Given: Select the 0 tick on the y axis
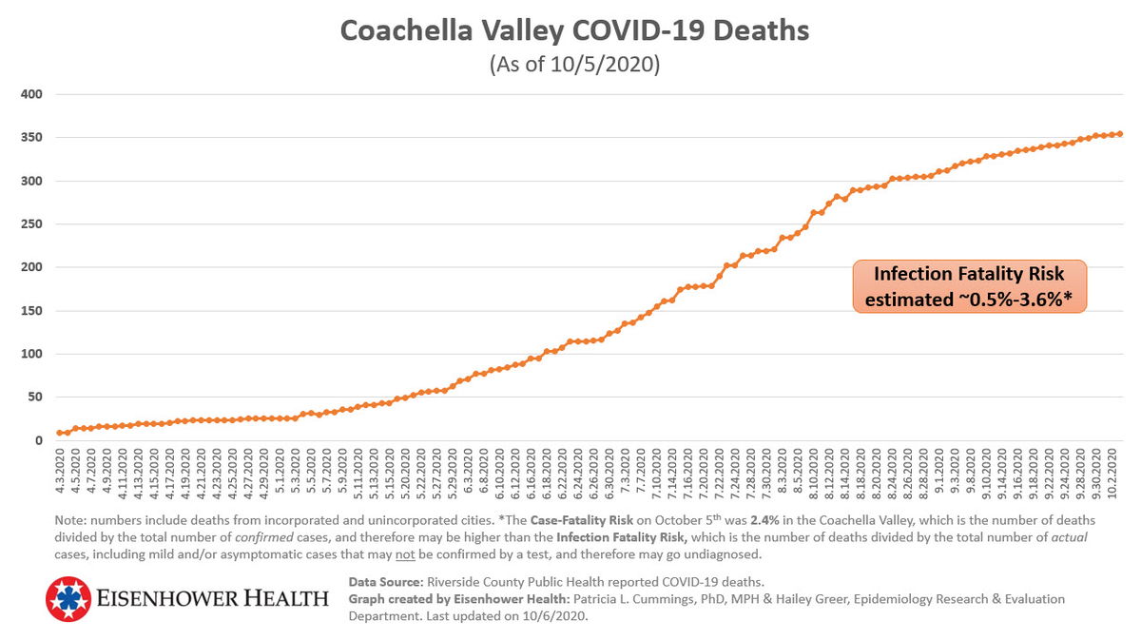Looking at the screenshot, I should click(37, 441).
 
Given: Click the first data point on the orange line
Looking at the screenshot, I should click(60, 433).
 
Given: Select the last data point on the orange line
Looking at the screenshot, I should click(1120, 134).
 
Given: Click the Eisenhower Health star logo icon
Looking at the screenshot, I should click(68, 599).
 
